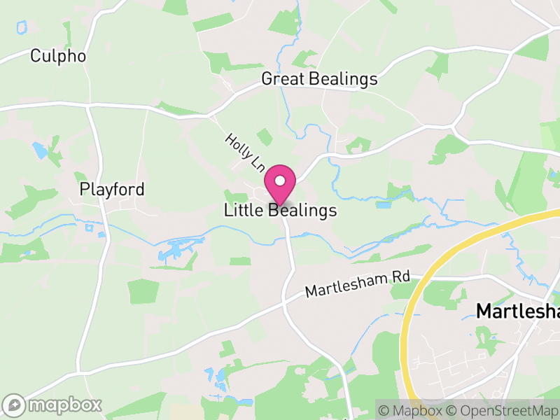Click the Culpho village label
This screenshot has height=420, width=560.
click(58, 56)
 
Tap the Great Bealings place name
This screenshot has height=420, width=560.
click(319, 79)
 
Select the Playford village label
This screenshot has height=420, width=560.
click(112, 189)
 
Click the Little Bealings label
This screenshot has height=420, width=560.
click(280, 211)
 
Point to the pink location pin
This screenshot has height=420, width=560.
click(280, 184)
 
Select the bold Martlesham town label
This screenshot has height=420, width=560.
click(517, 311)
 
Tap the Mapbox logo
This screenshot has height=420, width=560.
click(53, 405)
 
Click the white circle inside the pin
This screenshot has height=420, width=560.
click(280, 181)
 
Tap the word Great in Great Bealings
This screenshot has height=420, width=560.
click(281, 79)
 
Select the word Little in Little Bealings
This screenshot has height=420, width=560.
click(244, 211)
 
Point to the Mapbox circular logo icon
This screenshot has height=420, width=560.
click(15, 405)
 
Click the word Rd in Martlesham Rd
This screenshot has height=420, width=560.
click(401, 276)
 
